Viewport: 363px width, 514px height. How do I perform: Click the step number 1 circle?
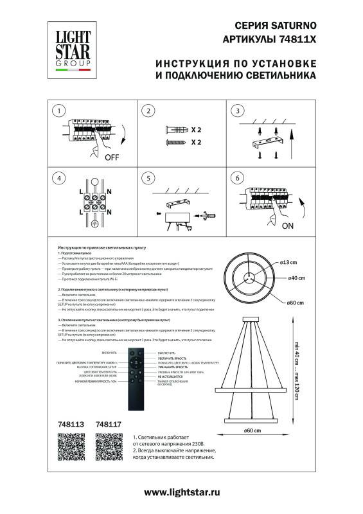pyautogui.click(x=59, y=111)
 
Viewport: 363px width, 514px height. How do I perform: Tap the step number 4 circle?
pyautogui.click(x=59, y=178)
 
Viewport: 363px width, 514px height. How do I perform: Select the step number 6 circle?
pyautogui.click(x=238, y=178)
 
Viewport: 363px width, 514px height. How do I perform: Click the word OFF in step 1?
pyautogui.click(x=112, y=156)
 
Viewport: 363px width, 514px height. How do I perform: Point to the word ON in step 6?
pyautogui.click(x=287, y=226)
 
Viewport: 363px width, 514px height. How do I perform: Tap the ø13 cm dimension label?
pyautogui.click(x=287, y=263)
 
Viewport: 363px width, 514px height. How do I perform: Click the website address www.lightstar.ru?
pyautogui.click(x=182, y=491)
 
